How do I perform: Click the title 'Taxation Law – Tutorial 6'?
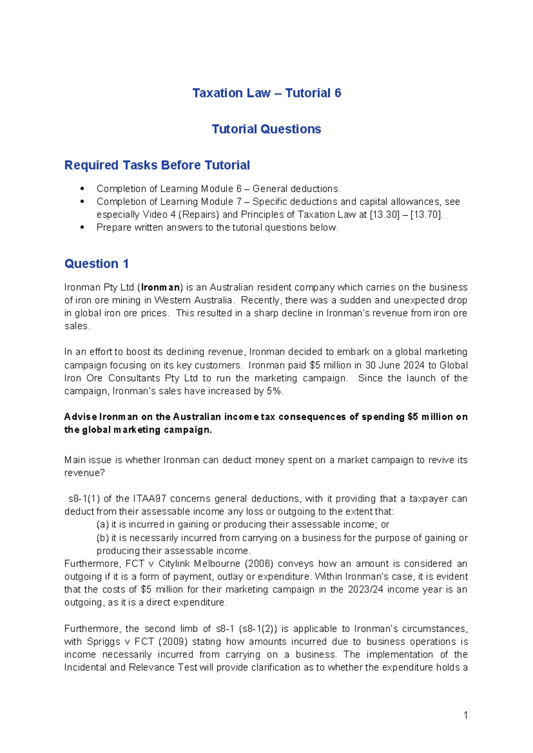click(266, 93)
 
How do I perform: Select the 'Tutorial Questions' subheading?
click(266, 129)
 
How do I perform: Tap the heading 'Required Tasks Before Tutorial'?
click(157, 165)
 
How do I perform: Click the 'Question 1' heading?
click(96, 264)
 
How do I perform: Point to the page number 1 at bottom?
click(465, 715)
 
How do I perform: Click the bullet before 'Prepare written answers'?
click(82, 227)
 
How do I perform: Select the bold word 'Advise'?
click(80, 417)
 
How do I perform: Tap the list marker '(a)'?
click(103, 524)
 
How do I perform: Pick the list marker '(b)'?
click(103, 538)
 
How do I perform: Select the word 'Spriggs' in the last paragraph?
click(103, 642)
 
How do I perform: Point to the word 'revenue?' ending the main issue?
click(84, 473)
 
